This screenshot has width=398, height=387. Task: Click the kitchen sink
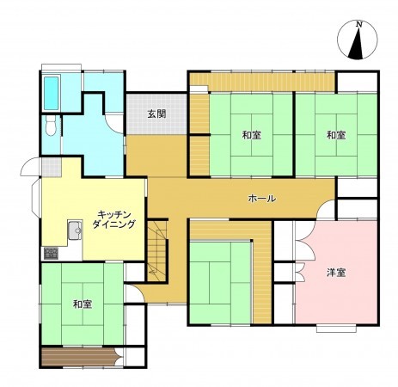tap(74, 229)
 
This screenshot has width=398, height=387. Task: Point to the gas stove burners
tap(49, 253)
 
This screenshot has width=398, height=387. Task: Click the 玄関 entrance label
tap(156, 114)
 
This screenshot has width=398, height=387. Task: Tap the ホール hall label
tap(261, 199)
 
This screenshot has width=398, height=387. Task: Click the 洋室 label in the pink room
tap(335, 273)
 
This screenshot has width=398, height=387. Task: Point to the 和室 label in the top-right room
tap(335, 136)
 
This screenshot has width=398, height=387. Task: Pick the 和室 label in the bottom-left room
tap(83, 304)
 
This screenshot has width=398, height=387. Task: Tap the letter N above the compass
tap(359, 22)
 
